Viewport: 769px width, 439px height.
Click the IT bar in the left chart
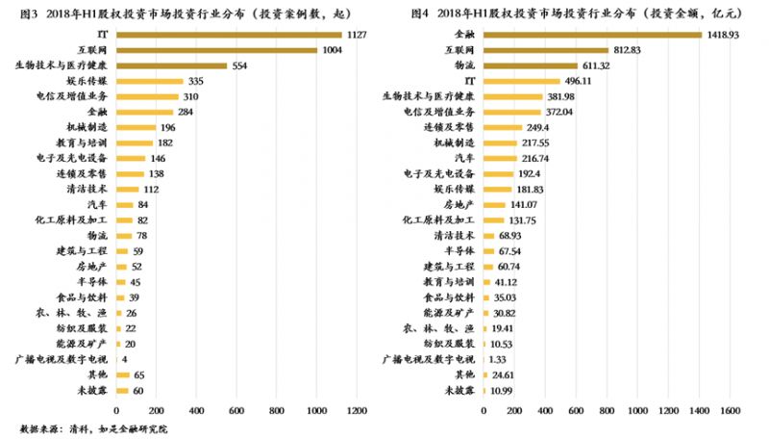click(x=231, y=34)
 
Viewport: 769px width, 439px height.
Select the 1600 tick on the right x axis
click(x=729, y=411)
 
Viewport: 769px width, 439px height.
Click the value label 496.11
click(x=581, y=81)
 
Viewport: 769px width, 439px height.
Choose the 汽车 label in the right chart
click(x=464, y=158)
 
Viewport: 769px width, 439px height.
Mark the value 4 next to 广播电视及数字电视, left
click(x=126, y=358)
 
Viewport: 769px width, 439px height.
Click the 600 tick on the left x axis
click(x=235, y=411)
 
